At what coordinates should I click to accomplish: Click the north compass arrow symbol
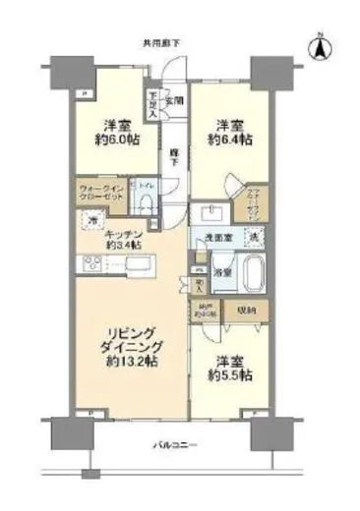pyautogui.click(x=320, y=46)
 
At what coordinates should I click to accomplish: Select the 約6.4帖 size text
pyautogui.click(x=233, y=141)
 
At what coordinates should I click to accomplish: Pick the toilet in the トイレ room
pyautogui.click(x=145, y=202)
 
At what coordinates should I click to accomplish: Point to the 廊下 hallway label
pyautogui.click(x=173, y=154)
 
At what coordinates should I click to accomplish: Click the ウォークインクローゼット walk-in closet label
pyautogui.click(x=98, y=195)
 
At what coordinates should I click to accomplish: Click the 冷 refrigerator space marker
pyautogui.click(x=90, y=223)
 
